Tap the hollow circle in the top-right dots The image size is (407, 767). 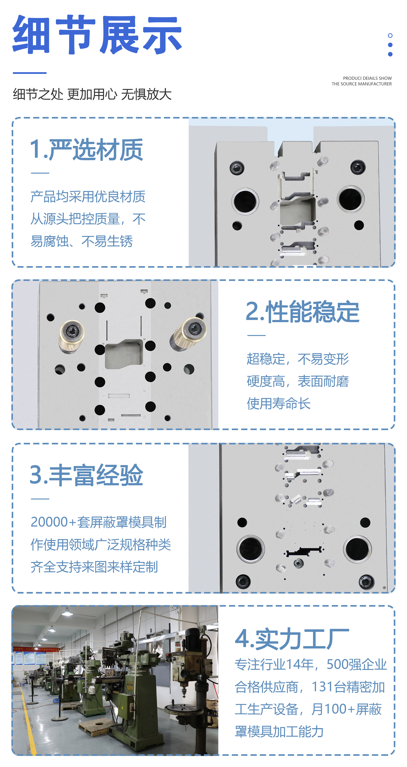click(390, 35)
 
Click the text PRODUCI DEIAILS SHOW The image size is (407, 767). click(367, 78)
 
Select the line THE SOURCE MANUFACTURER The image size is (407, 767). click(362, 84)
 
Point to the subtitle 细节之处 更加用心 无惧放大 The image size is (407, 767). click(92, 94)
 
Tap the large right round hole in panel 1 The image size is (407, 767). click(351, 199)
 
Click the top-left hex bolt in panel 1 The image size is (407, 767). click(237, 168)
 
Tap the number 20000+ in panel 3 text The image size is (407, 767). click(54, 522)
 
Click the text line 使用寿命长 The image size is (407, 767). click(279, 404)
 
